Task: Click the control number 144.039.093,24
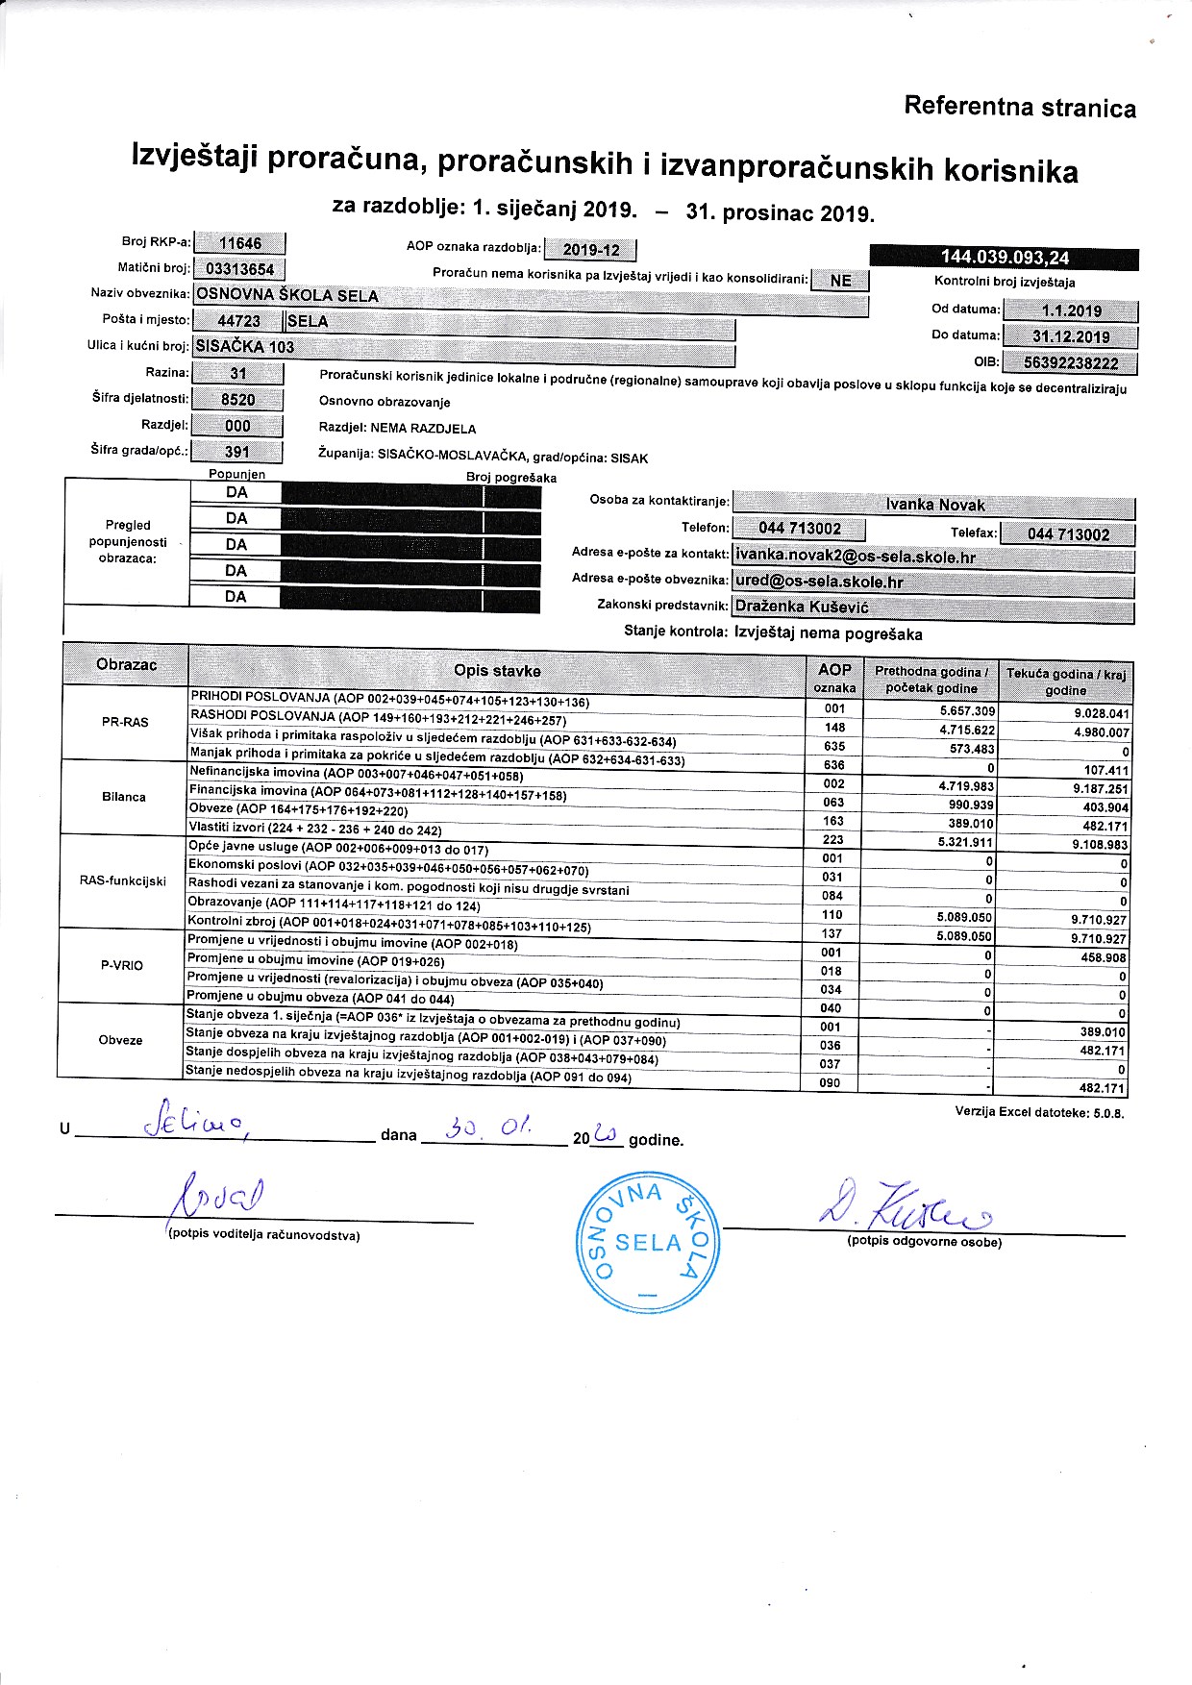click(x=1005, y=258)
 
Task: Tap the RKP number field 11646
click(x=239, y=244)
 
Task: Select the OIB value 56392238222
click(x=1071, y=364)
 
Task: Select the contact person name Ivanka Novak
click(x=934, y=506)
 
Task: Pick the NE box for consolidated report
click(x=840, y=281)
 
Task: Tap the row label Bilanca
click(x=124, y=797)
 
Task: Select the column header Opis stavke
click(x=496, y=671)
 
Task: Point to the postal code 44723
click(x=238, y=321)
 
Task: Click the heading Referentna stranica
click(x=1019, y=108)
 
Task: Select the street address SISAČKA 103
click(x=245, y=347)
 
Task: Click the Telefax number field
click(x=1068, y=534)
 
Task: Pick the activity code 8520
click(x=237, y=400)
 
